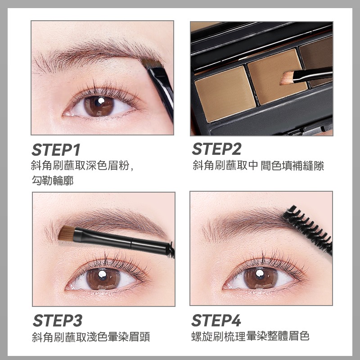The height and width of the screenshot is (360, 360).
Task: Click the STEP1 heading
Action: tap(56, 150)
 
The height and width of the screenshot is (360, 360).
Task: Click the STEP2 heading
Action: tap(217, 149)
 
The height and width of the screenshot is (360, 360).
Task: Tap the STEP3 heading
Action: tap(58, 320)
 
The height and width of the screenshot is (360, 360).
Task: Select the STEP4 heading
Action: tap(216, 320)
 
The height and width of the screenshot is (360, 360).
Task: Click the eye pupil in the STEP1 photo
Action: tap(99, 106)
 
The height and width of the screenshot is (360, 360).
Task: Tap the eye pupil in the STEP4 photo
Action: tap(261, 278)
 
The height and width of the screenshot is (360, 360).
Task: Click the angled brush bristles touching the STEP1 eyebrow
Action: tap(150, 63)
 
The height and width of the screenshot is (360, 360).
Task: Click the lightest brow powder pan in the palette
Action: tap(225, 94)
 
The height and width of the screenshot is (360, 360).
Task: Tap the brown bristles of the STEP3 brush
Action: tap(67, 233)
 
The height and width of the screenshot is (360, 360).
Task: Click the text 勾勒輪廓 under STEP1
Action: tap(53, 181)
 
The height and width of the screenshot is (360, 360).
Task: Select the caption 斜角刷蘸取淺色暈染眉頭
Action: tap(91, 337)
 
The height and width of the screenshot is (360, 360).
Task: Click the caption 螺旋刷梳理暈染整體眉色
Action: tap(250, 336)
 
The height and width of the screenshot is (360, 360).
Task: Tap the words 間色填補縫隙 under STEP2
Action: tap(292, 166)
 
